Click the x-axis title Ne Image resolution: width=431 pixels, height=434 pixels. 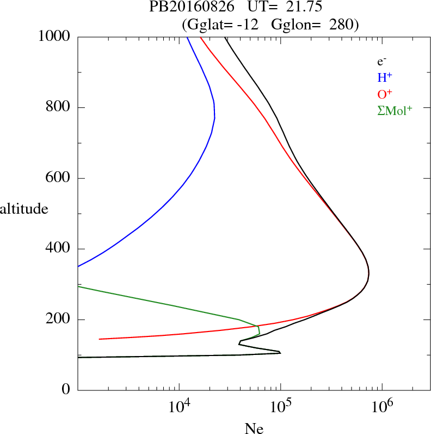point(254,429)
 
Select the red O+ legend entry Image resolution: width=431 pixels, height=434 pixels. point(385,94)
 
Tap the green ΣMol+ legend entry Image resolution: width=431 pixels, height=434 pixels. point(394,111)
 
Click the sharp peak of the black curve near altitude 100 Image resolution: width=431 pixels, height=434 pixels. point(280,353)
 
